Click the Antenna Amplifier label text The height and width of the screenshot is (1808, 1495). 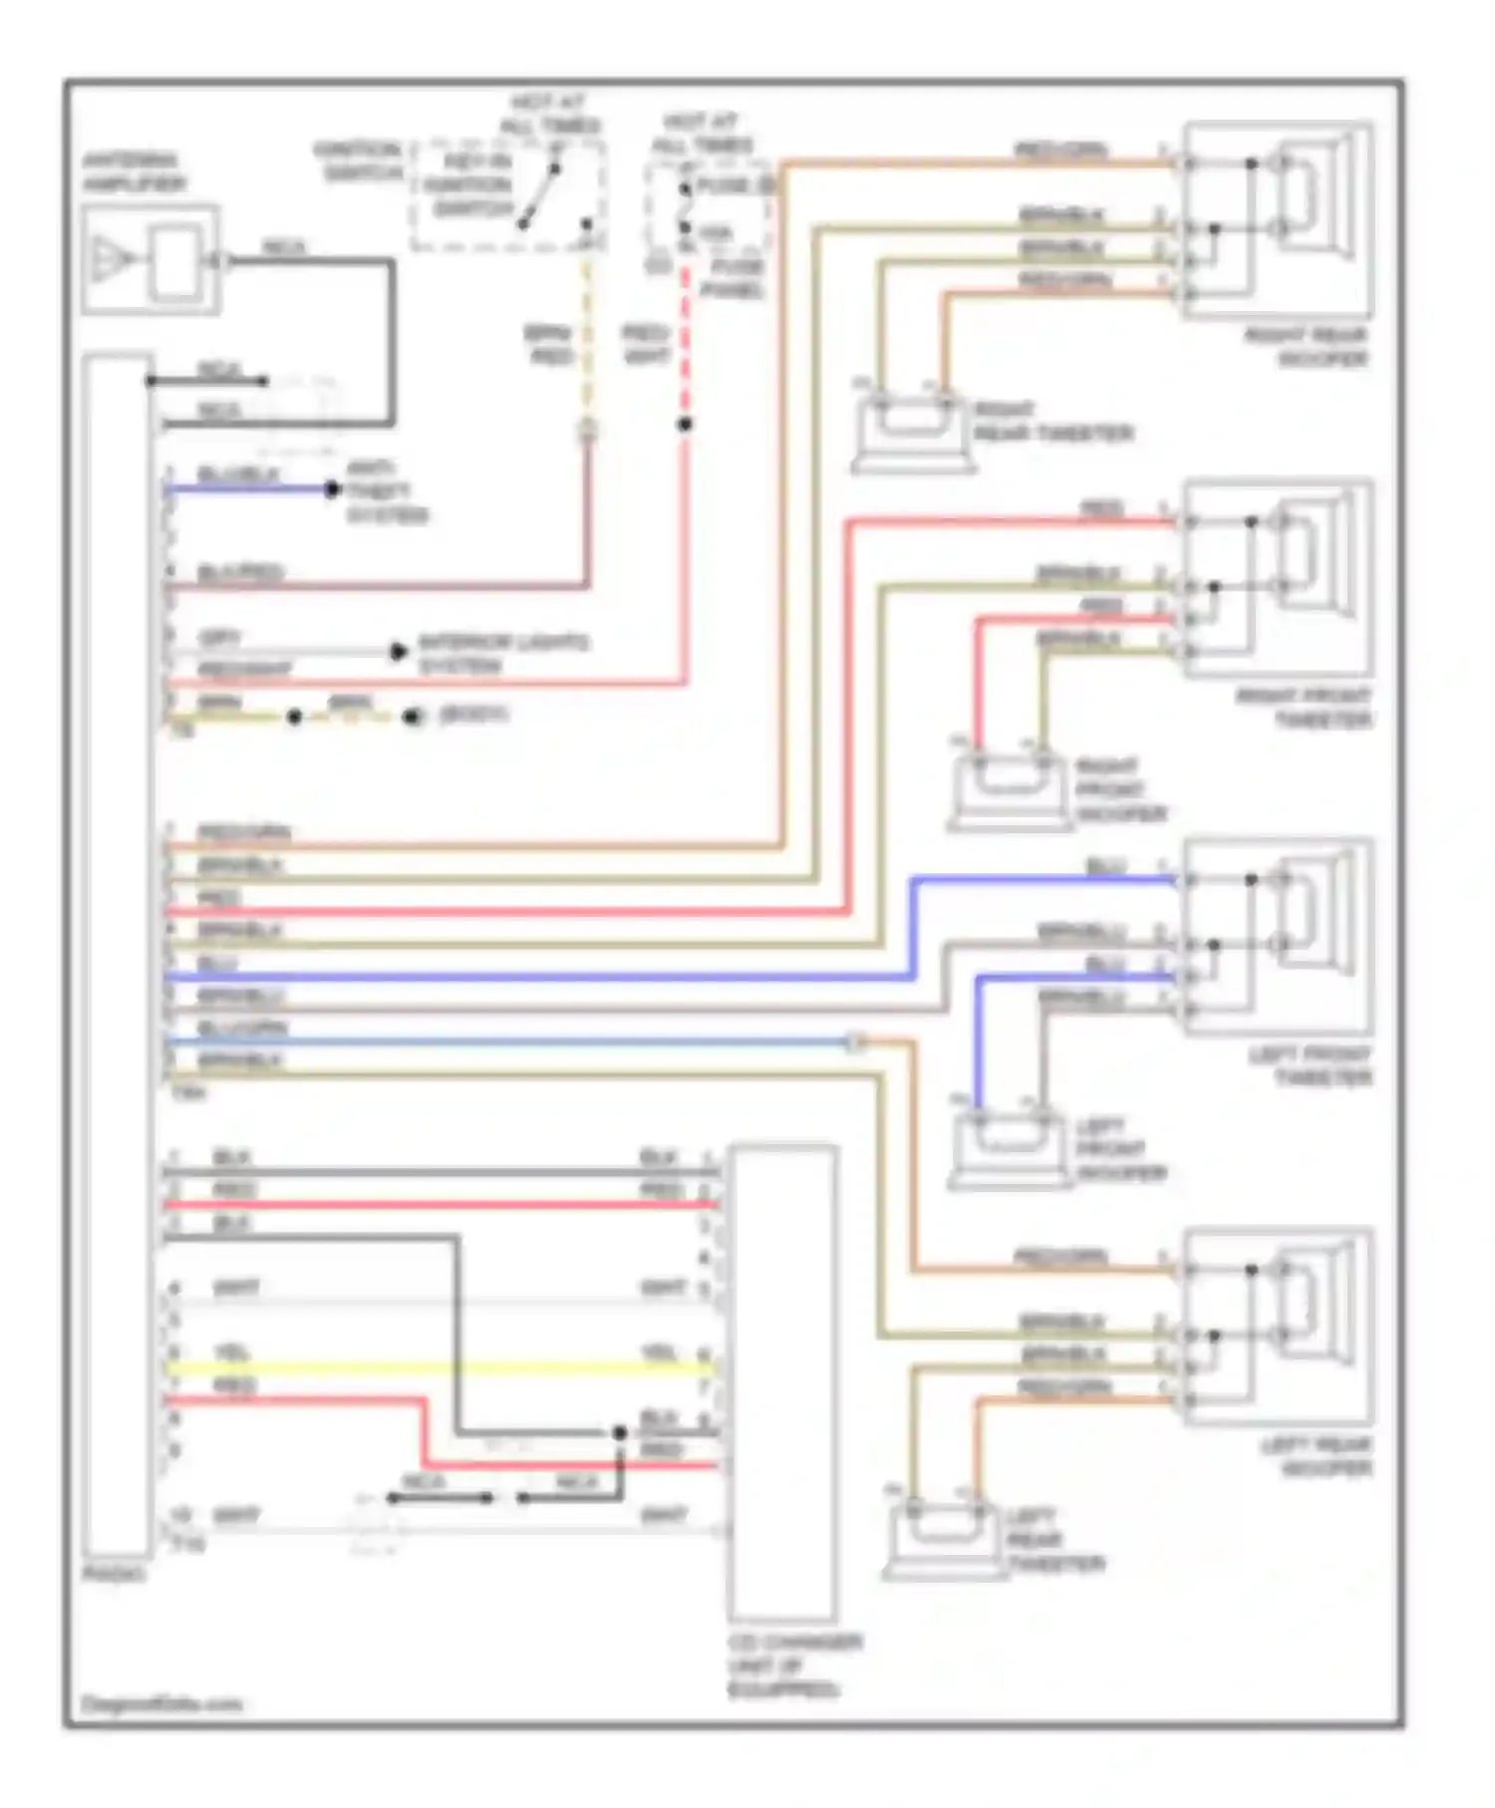pos(133,172)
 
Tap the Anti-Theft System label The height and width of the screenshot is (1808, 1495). pos(386,491)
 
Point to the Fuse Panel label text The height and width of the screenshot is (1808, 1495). pos(734,278)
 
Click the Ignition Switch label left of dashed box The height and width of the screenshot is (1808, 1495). pos(359,161)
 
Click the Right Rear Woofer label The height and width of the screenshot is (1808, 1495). pos(1306,347)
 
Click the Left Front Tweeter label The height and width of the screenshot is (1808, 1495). pos(1310,1065)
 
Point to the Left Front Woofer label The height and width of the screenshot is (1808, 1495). pos(1120,1149)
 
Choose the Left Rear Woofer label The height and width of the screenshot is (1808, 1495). pos(1316,1456)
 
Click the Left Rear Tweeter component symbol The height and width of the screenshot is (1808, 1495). pos(941,1540)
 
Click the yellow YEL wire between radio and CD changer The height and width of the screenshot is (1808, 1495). pos(439,1367)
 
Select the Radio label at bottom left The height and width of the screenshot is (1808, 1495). pos(114,1574)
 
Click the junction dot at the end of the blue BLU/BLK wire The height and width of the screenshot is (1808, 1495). pos(332,489)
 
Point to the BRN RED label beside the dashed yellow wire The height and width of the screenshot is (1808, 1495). pos(549,345)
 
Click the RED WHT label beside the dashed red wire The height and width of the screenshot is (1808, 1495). pos(645,344)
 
